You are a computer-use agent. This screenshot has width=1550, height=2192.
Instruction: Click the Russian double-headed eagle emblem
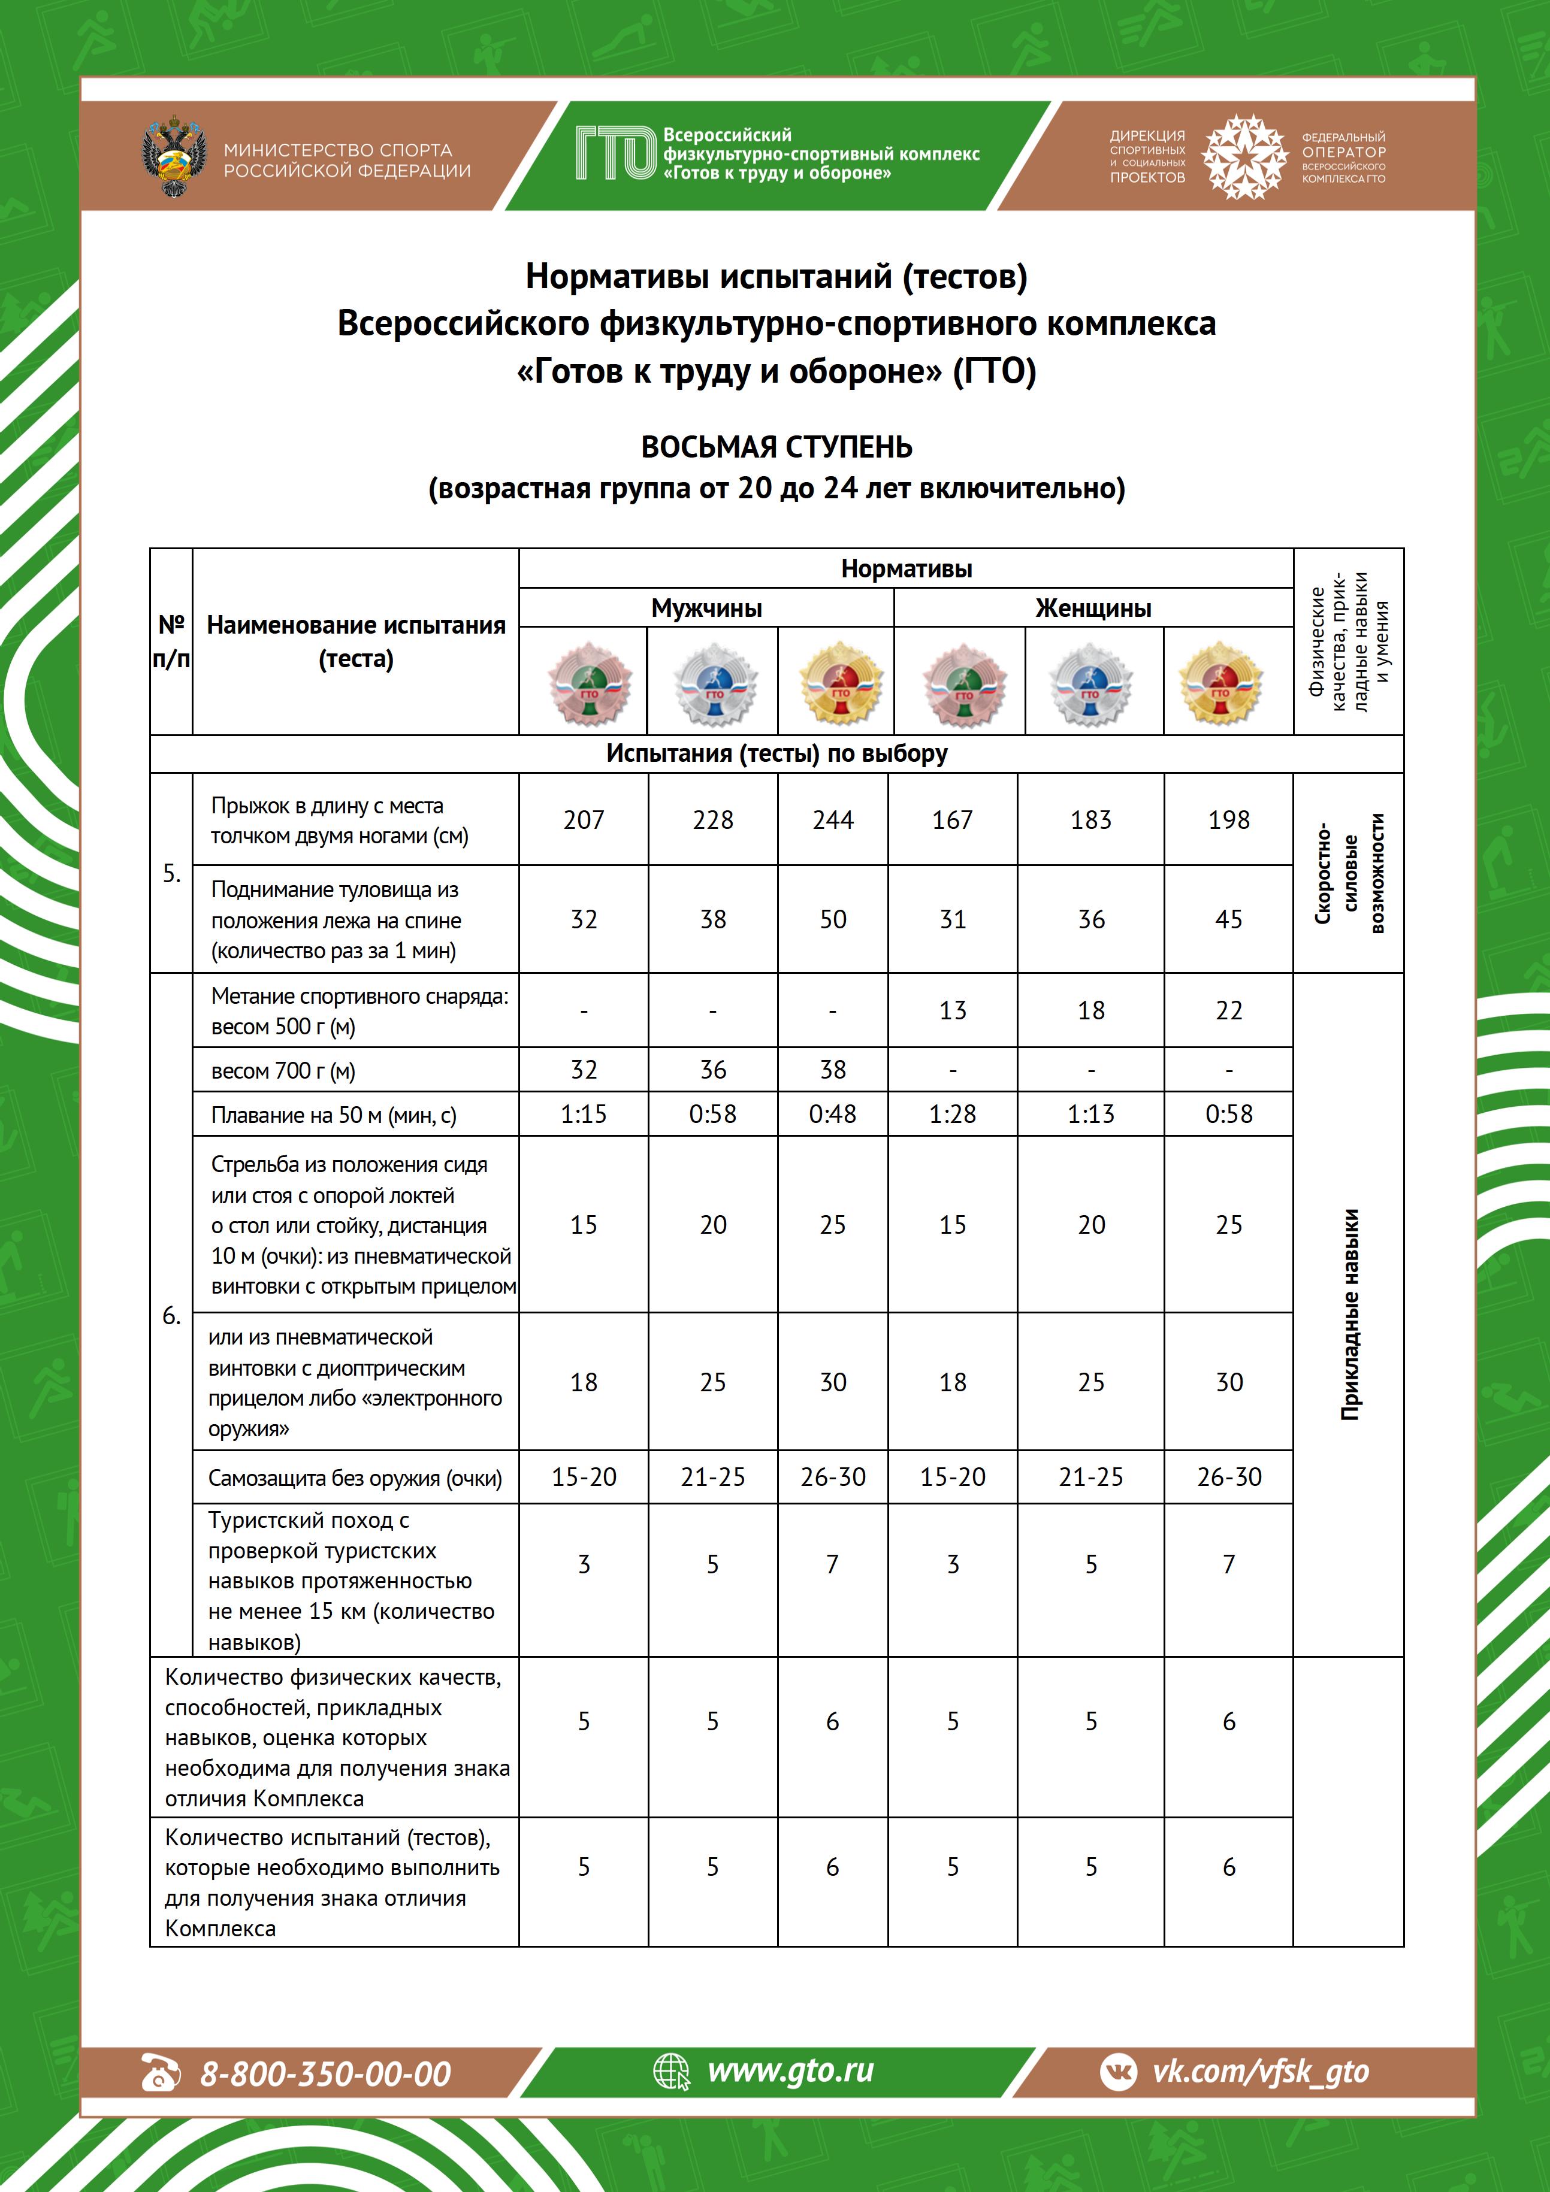click(174, 156)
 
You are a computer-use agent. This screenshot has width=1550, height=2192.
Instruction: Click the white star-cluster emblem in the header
click(1243, 156)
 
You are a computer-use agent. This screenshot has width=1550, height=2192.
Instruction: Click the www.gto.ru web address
click(790, 2071)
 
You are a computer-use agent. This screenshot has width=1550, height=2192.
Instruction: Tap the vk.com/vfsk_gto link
click(1261, 2072)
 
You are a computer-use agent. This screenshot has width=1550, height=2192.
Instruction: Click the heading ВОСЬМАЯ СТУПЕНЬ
click(775, 447)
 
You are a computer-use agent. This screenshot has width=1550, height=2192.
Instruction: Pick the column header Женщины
click(1092, 608)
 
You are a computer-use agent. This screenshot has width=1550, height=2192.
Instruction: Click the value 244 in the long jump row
click(833, 820)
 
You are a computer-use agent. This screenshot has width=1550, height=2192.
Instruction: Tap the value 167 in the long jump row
click(952, 820)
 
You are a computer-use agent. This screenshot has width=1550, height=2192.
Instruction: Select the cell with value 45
click(1228, 919)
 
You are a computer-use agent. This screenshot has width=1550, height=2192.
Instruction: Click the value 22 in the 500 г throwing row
click(1228, 1010)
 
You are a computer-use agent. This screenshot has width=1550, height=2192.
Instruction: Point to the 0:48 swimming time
click(833, 1114)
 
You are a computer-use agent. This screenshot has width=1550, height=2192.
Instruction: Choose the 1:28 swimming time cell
click(952, 1114)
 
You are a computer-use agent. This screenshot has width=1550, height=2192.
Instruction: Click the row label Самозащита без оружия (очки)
click(354, 1478)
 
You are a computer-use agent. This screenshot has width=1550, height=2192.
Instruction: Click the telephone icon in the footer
click(159, 2073)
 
